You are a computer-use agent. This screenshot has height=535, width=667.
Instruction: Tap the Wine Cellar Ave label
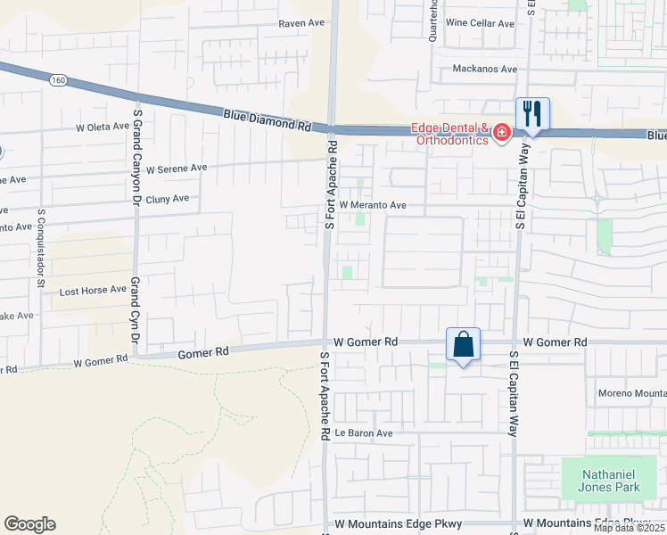(481, 23)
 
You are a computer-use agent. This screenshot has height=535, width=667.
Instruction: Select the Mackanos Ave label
(485, 69)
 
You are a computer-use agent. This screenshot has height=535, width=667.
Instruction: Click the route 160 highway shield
(59, 80)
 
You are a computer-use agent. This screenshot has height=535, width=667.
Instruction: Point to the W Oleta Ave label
(103, 127)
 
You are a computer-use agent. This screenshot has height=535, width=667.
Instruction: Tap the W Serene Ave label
(177, 168)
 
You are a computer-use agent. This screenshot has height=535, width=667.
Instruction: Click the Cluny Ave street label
(168, 199)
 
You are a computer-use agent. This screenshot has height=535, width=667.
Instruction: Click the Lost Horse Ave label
(93, 292)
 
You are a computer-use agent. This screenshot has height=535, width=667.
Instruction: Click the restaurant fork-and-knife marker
(532, 113)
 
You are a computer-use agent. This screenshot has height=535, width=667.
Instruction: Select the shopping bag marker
(464, 344)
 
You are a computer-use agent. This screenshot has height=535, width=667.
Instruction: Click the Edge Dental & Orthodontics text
(450, 134)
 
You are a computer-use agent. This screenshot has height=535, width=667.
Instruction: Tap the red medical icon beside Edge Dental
(502, 134)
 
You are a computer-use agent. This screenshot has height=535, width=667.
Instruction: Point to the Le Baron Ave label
(365, 433)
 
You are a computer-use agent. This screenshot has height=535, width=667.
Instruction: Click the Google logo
(29, 524)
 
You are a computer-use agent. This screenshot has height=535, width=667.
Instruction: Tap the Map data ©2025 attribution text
(629, 528)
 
